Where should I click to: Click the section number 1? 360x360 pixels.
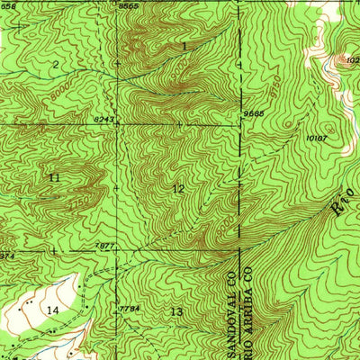184,45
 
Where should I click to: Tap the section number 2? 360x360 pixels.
55,64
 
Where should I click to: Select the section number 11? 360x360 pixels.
55,177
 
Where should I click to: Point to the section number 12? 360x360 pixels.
178,188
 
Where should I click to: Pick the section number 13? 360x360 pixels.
175,310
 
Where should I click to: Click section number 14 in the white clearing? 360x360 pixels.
53,310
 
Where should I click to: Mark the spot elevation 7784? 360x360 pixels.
131,309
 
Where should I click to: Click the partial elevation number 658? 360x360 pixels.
8,6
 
